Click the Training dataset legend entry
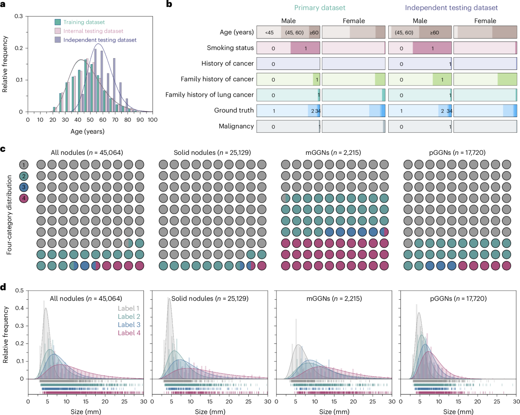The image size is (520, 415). (84, 22)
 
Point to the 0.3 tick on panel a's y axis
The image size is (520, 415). (19, 16)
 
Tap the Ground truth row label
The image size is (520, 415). (234, 111)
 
